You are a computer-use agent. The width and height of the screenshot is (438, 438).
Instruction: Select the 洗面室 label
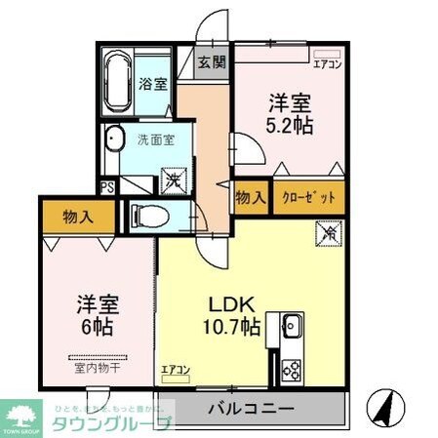[155, 139]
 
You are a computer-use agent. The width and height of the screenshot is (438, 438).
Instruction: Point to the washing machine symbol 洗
[172, 179]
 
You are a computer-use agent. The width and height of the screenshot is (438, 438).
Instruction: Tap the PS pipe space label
[106, 184]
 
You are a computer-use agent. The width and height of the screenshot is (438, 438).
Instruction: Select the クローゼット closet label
[308, 197]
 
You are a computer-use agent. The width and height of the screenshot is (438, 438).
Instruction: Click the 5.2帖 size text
[292, 126]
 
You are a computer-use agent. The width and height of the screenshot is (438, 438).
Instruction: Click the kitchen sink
[290, 326]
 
